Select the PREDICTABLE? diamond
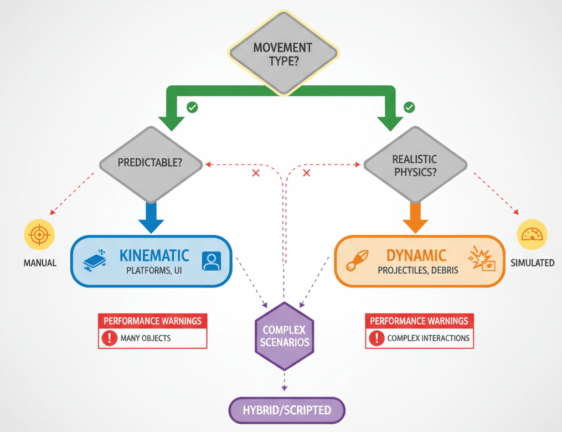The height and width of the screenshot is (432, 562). [x=151, y=164]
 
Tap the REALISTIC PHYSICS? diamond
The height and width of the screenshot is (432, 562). [x=415, y=165]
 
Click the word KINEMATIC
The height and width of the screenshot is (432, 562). [x=154, y=255]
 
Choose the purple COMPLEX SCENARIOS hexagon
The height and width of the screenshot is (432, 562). [x=284, y=336]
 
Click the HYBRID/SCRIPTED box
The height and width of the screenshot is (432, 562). [x=287, y=410]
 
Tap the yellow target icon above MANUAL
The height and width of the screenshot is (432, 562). [x=39, y=235]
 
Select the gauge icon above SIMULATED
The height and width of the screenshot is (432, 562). [x=532, y=235]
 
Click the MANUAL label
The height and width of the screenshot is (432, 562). [x=40, y=263]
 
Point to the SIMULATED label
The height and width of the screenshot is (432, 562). [x=532, y=263]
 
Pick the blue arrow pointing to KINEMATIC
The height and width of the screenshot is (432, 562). [x=151, y=217]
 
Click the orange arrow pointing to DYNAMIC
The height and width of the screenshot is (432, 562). [x=415, y=217]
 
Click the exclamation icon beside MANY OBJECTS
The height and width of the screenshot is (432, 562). [x=110, y=338]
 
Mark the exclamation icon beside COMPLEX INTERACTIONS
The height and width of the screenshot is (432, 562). [x=377, y=338]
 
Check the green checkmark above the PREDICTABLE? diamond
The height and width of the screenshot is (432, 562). [x=192, y=107]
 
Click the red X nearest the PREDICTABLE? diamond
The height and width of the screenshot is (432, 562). [x=256, y=173]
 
